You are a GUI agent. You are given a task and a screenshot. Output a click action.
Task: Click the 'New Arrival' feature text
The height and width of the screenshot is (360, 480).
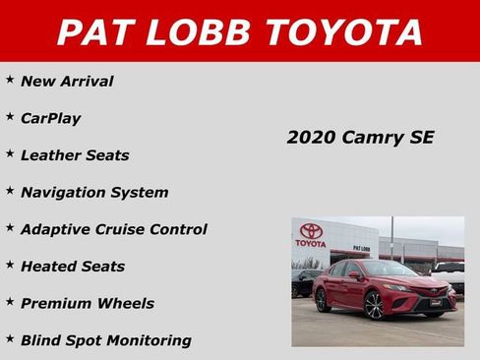pos(67,82)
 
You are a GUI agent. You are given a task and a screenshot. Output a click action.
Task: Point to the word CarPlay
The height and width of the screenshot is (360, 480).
pos(50,118)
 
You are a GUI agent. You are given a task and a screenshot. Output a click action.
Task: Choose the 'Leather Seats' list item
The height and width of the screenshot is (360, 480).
pos(75,155)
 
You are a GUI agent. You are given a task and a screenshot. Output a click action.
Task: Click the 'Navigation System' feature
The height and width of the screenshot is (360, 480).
pos(94,192)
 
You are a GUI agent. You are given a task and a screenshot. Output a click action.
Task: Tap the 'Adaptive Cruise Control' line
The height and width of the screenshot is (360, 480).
pos(114,229)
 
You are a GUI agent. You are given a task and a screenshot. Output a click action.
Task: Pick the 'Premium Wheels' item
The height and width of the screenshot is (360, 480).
pos(88,303)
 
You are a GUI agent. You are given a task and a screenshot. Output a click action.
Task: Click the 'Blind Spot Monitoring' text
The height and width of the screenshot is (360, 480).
pos(106,340)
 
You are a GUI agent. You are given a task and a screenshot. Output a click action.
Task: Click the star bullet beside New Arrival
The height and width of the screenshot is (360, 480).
pos(10,80)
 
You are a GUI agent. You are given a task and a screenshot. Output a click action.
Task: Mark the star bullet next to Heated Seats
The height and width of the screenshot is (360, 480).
pos(10,265)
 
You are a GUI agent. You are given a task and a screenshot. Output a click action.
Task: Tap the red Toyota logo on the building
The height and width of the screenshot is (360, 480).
pos(311,233)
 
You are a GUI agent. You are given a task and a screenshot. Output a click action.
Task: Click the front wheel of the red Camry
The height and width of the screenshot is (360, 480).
pos(375,307)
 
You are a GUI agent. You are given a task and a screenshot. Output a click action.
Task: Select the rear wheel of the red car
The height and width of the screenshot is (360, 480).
pos(323,298)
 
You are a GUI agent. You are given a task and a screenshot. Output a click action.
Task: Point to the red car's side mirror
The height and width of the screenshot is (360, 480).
pos(356,275)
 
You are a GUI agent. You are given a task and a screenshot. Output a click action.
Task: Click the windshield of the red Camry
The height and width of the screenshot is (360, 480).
pos(388,268)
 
